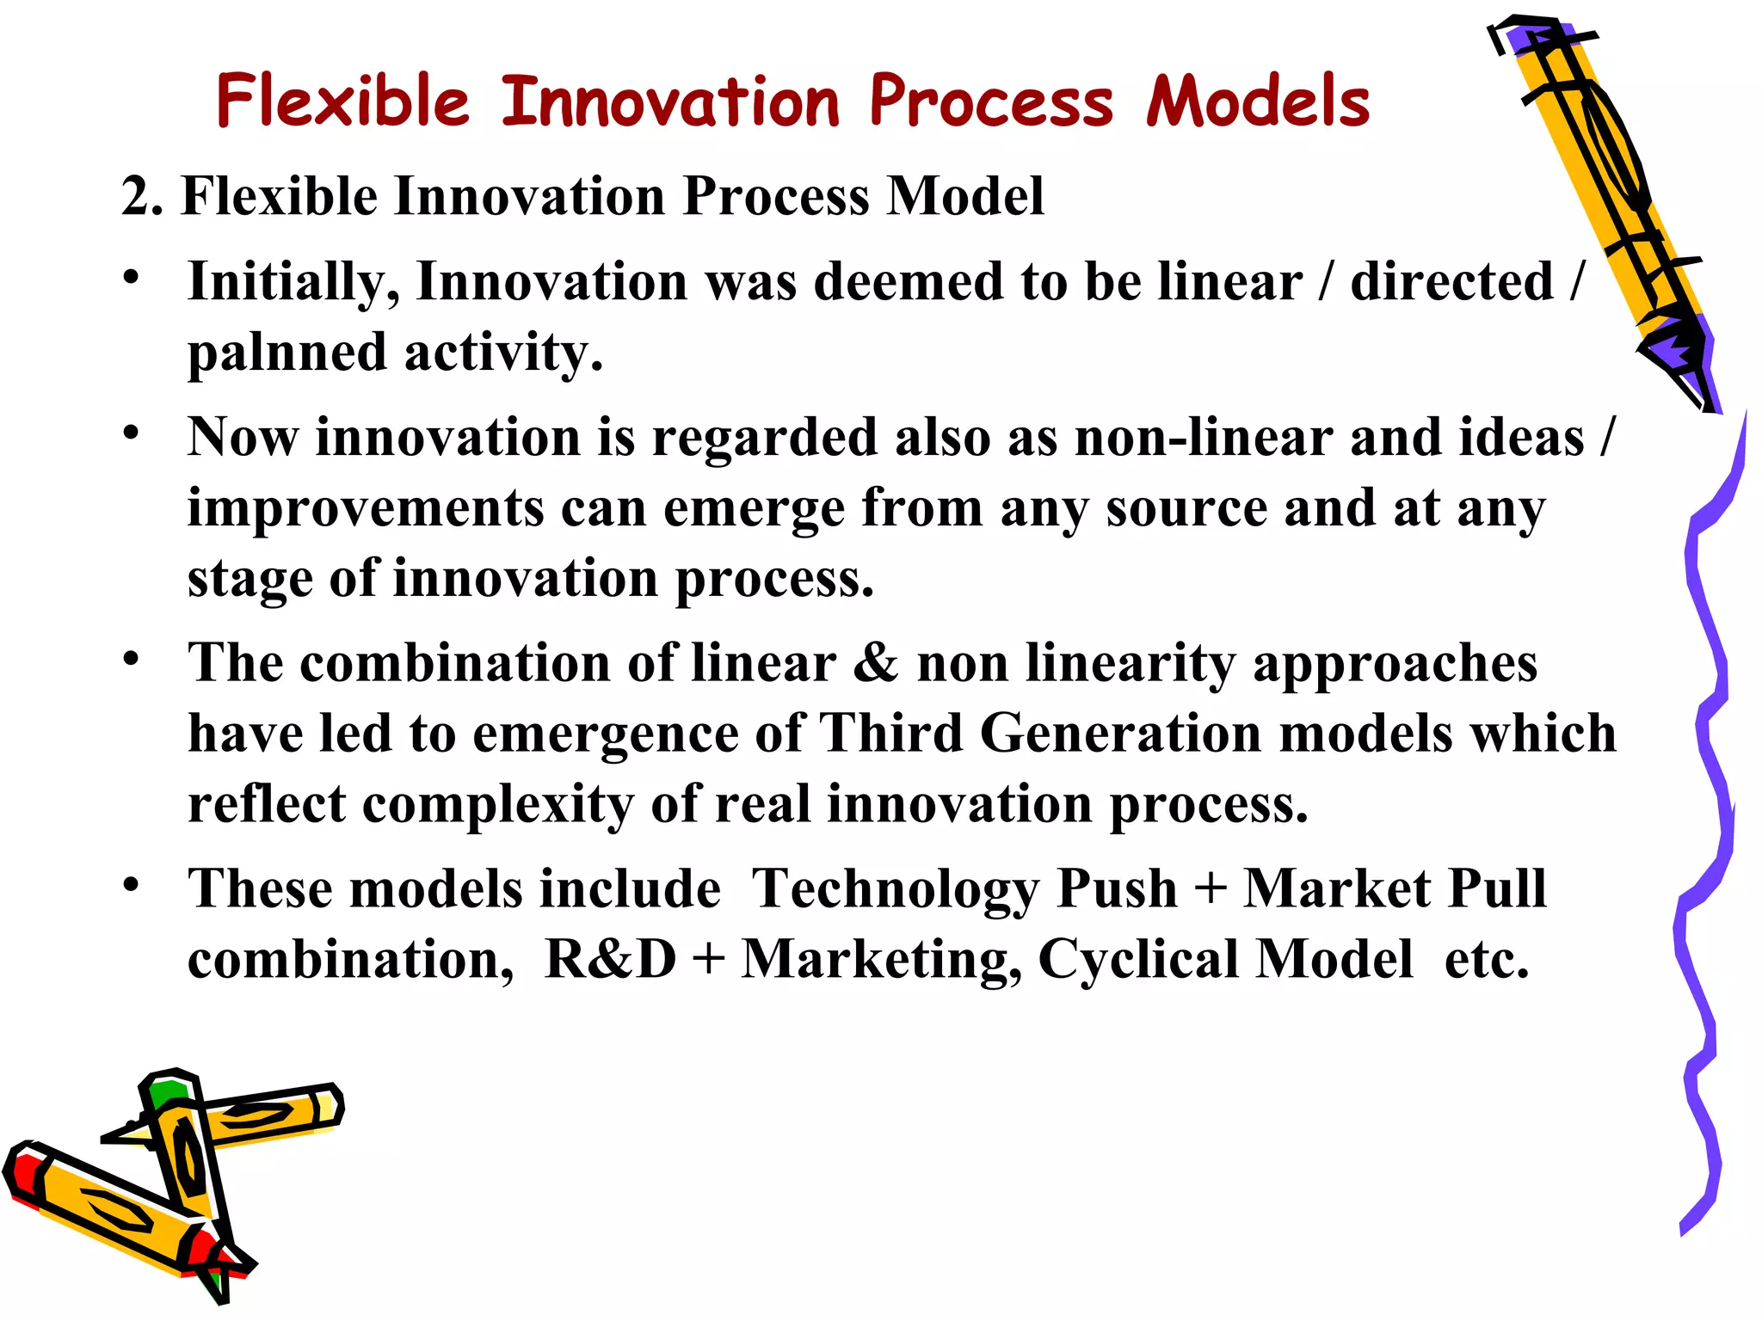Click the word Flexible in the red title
coord(342,101)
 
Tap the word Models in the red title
coord(1257,101)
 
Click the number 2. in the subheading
coord(142,196)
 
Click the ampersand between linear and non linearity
coord(876,664)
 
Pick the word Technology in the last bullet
coord(895,888)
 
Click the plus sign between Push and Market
coord(1211,888)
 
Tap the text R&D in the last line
coord(610,959)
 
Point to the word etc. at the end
coord(1486,959)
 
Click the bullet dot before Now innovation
coord(130,433)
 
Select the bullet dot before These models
coord(130,884)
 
